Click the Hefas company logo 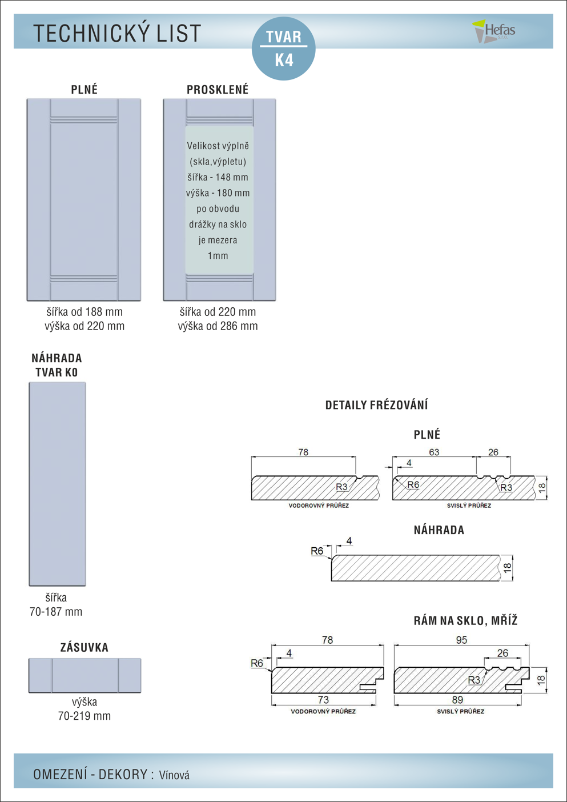tap(494, 31)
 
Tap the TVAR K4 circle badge tap(283, 49)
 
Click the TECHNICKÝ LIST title tap(117, 33)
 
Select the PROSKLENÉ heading tap(218, 90)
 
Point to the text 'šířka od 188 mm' tap(85, 312)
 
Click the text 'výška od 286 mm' tap(218, 326)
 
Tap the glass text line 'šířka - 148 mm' tap(218, 177)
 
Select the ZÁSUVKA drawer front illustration tap(85, 675)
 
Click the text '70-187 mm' tap(56, 612)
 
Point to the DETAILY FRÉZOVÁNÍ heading tap(376, 405)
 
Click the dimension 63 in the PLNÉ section tap(434, 452)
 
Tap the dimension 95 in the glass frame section tap(461, 640)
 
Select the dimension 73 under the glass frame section tap(323, 700)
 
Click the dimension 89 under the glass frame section tap(457, 700)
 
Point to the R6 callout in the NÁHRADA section tap(317, 551)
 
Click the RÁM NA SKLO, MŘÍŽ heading tap(466, 620)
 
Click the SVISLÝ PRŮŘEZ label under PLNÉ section tap(469, 506)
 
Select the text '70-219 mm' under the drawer tap(85, 716)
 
